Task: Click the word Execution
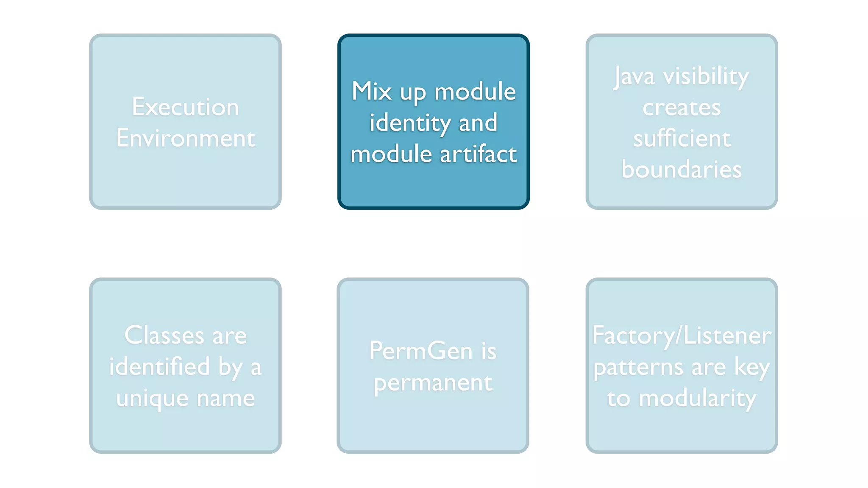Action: tap(185, 107)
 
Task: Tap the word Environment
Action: tap(186, 138)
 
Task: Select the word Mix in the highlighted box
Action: tap(372, 91)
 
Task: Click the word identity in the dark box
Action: tap(410, 123)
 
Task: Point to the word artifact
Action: tap(478, 154)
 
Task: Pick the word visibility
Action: tap(706, 76)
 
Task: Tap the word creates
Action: tap(681, 108)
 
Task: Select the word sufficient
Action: tap(682, 139)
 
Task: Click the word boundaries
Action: tap(682, 169)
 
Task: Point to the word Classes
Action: tap(164, 335)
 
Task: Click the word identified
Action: tap(159, 366)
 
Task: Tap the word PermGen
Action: tap(420, 351)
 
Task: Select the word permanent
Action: tap(433, 383)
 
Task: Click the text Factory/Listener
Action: tap(682, 335)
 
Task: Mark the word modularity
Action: tap(697, 399)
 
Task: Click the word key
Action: tap(752, 367)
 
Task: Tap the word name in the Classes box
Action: tap(225, 398)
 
